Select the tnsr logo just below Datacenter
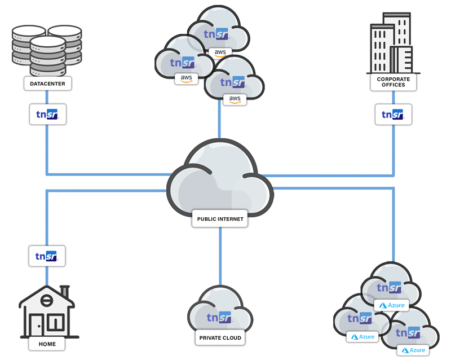tap(48, 115)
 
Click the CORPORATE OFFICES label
tap(393, 82)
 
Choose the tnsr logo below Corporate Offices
tap(393, 115)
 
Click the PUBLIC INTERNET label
tap(220, 219)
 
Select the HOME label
tap(47, 344)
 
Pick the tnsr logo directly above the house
tap(47, 256)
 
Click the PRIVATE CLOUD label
tap(220, 338)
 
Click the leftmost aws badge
tap(186, 78)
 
